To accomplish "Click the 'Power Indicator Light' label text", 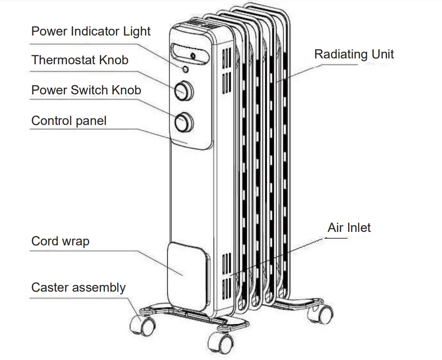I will (90, 31).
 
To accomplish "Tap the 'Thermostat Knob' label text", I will (80, 60).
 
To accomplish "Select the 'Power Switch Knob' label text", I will (86, 90).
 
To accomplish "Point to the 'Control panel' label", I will (69, 120).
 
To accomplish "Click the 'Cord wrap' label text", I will (60, 241).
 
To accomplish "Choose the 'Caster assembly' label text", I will (78, 288).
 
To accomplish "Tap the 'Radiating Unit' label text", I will (354, 54).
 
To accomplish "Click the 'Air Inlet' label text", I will (349, 227).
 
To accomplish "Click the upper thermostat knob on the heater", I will (184, 90).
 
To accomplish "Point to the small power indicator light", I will (185, 69).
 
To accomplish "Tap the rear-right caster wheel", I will (322, 312).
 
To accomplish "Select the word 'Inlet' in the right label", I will (358, 227).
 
